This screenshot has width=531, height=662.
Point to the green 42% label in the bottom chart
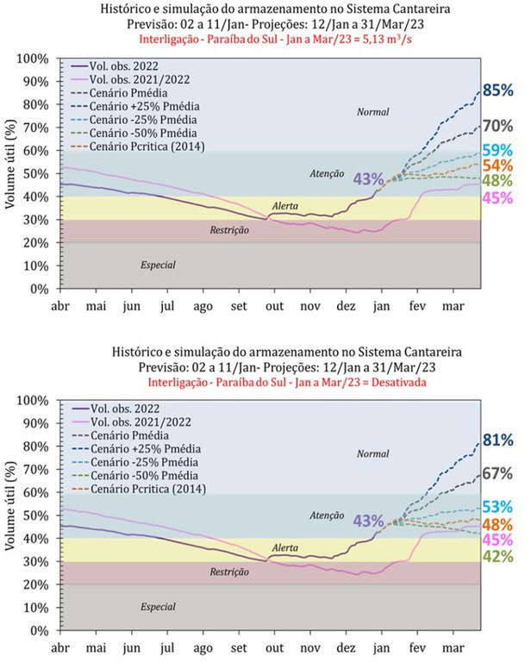[498, 556]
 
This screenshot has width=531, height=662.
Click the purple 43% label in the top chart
[368, 178]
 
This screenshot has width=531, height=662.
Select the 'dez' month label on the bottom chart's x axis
[347, 646]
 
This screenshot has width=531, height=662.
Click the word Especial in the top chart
[159, 265]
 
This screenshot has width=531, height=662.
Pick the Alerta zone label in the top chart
[285, 207]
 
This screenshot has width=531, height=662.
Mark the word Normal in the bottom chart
[373, 453]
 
